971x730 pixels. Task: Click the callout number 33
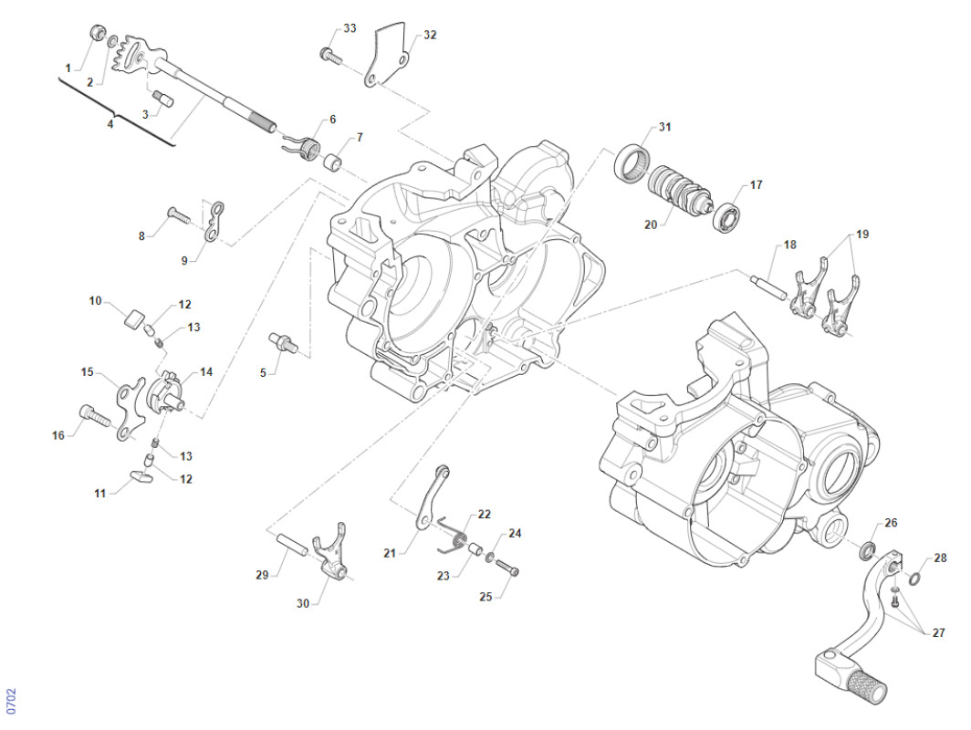tap(350, 29)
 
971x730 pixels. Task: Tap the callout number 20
tap(651, 224)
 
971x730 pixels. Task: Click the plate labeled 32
tap(389, 56)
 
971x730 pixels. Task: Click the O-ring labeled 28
tap(914, 579)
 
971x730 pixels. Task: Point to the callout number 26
tap(891, 523)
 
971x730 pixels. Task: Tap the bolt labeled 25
tap(508, 568)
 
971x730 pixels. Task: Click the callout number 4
tap(110, 123)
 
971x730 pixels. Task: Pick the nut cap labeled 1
tap(95, 35)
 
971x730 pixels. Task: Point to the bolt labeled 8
tap(178, 216)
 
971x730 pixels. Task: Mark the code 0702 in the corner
tap(11, 701)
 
